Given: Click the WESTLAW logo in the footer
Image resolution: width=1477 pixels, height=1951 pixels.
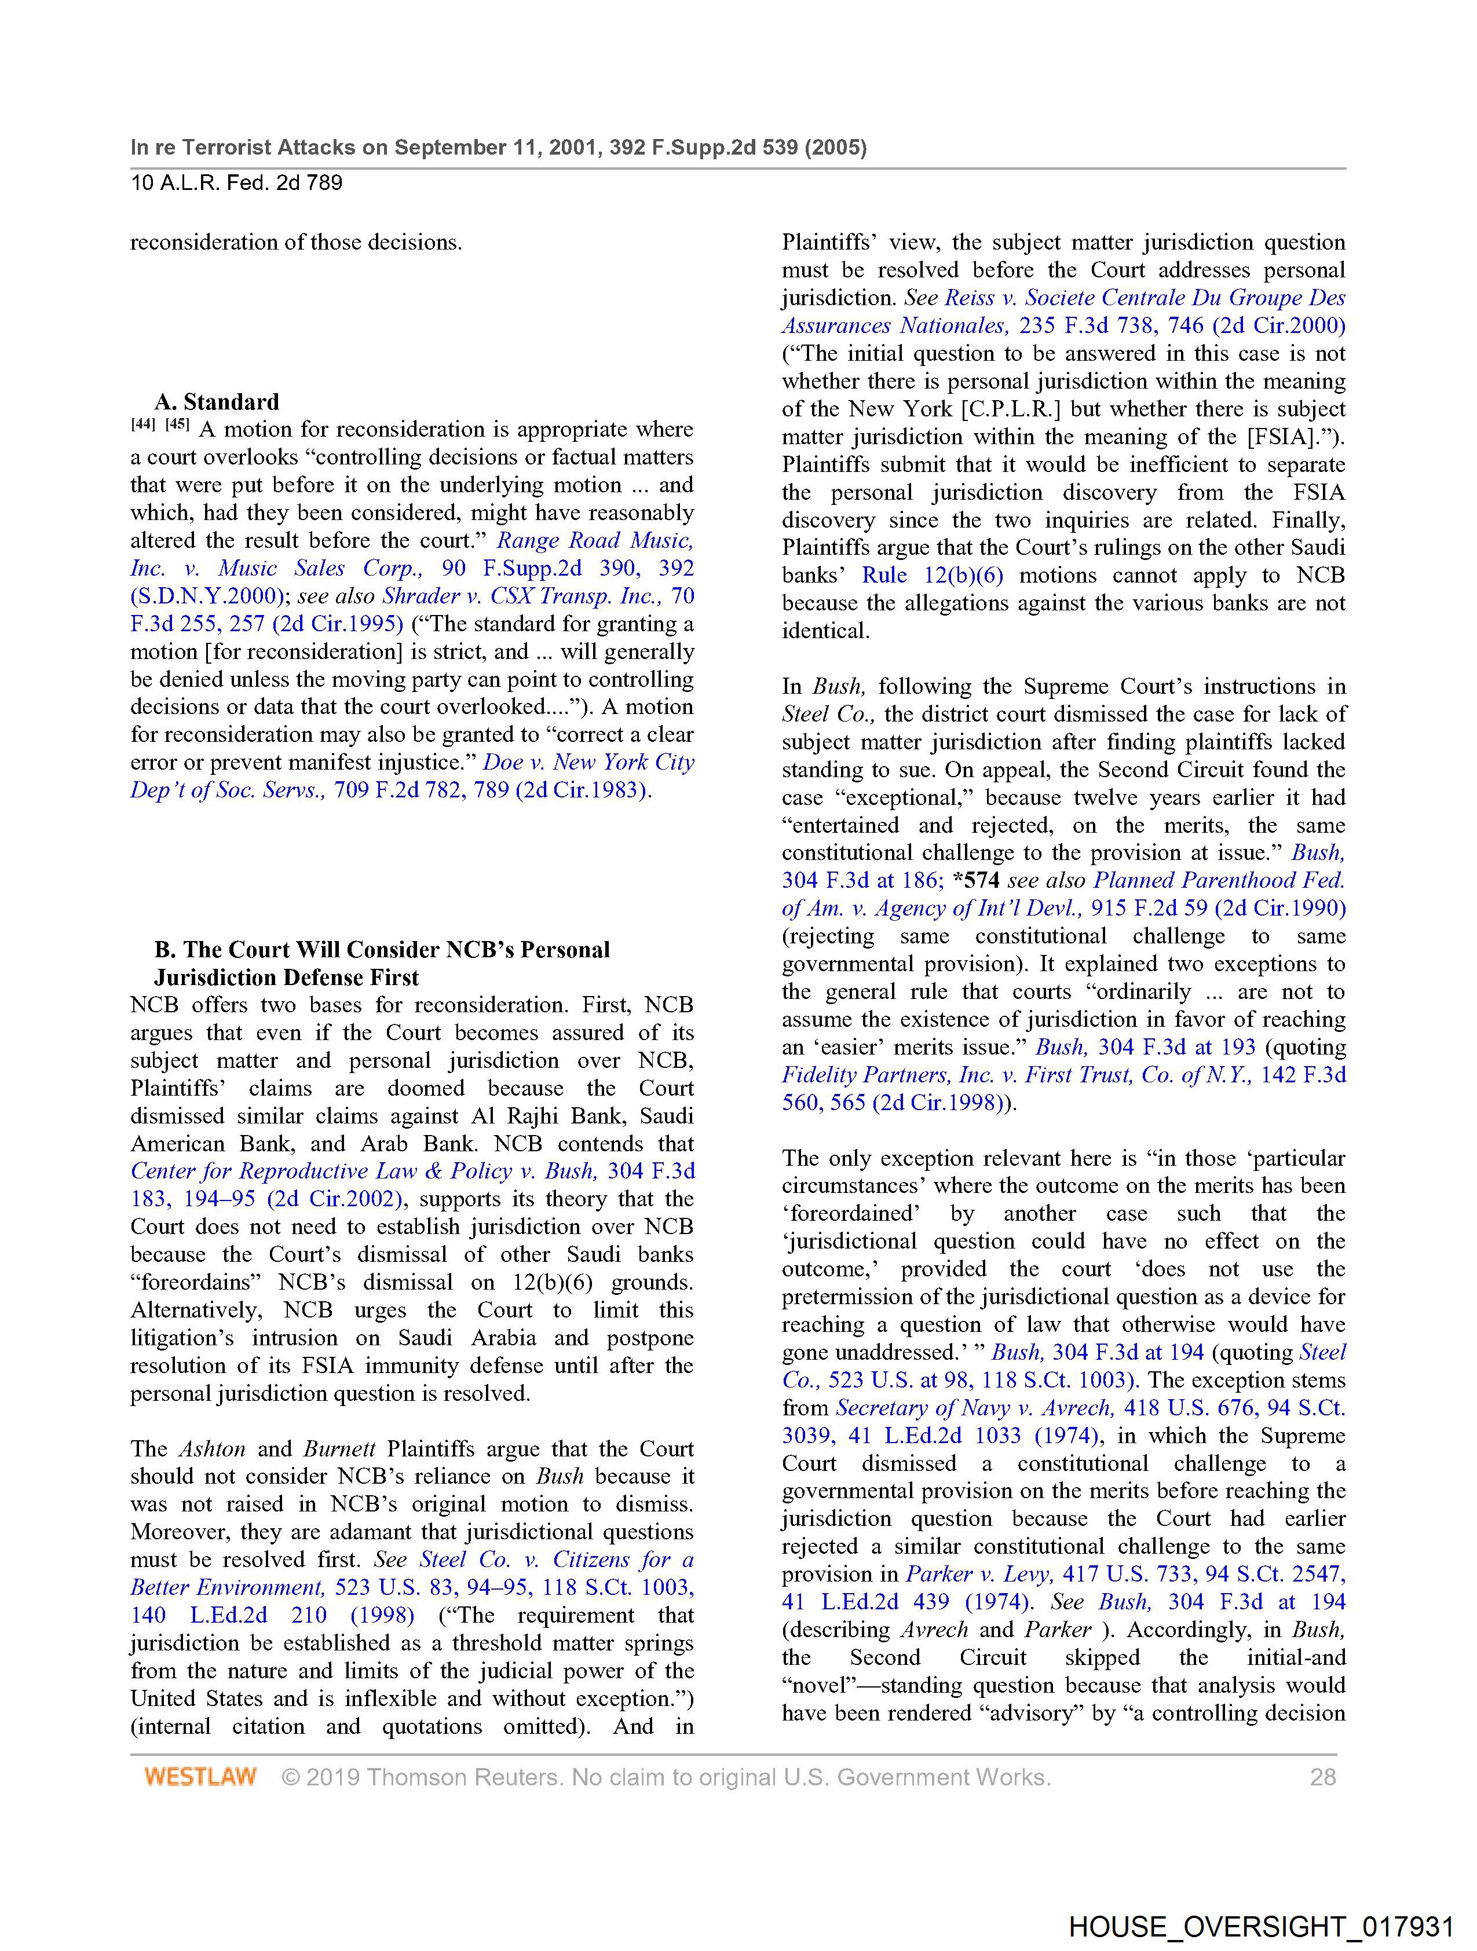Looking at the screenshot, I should (x=200, y=1776).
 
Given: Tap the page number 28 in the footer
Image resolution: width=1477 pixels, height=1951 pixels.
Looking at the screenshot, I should (x=1322, y=1776).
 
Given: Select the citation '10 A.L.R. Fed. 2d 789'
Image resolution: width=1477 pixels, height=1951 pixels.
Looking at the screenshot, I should (x=236, y=184).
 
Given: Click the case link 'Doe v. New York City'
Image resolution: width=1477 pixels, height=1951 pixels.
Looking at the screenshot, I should (x=588, y=762).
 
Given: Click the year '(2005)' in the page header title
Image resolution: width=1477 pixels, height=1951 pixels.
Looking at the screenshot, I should (x=834, y=147).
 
